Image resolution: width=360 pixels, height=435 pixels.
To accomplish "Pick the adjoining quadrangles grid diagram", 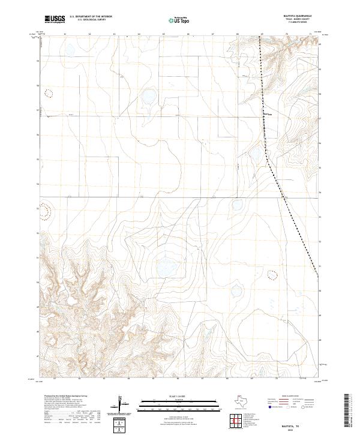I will pos(238,419).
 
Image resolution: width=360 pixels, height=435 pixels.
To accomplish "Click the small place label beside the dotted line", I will pos(269,114).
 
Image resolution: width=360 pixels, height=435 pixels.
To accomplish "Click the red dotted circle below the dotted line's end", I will pos(272,275).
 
